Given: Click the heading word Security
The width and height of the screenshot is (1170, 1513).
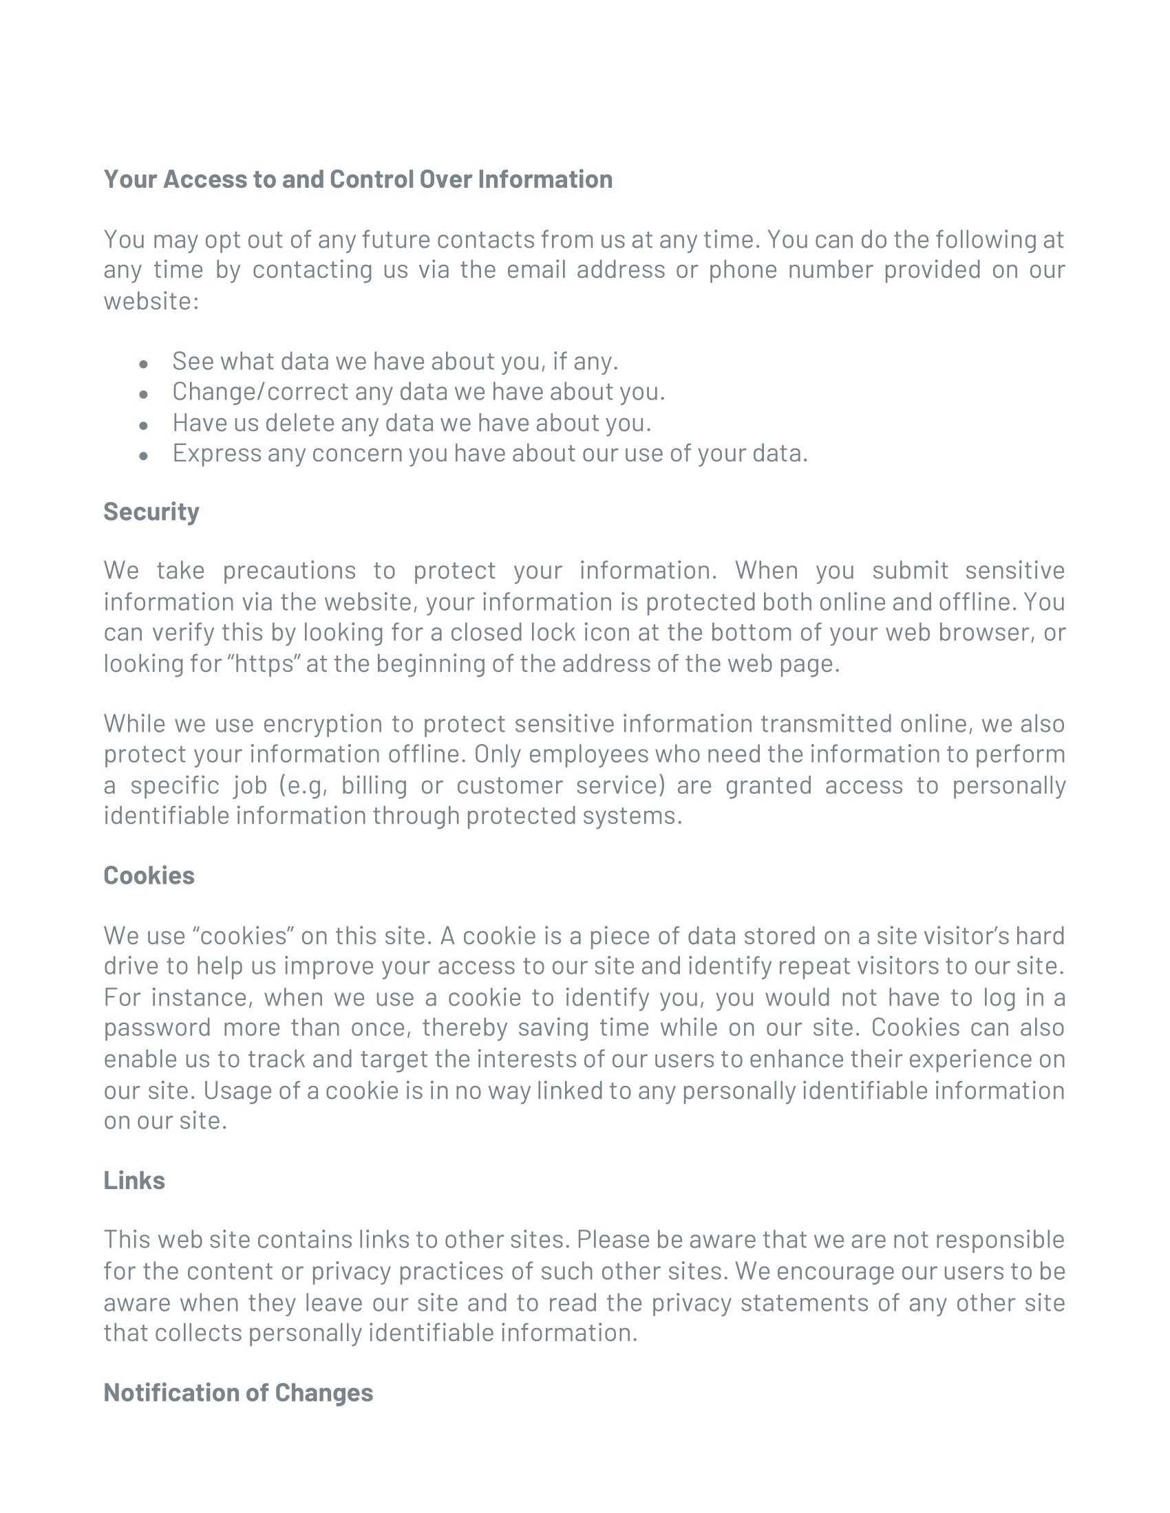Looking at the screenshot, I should pyautogui.click(x=151, y=511).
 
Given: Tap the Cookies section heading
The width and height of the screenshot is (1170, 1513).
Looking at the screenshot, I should pyautogui.click(x=149, y=875).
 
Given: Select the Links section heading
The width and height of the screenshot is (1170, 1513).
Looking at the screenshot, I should pyautogui.click(x=134, y=1179).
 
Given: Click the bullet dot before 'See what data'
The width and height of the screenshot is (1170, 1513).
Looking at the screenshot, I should pyautogui.click(x=143, y=363).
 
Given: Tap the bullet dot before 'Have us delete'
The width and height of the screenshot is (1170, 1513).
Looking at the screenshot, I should pyautogui.click(x=143, y=424).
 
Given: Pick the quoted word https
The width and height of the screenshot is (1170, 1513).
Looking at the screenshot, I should pyautogui.click(x=264, y=663).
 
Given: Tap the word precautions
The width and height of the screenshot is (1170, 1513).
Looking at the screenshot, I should pyautogui.click(x=289, y=570).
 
